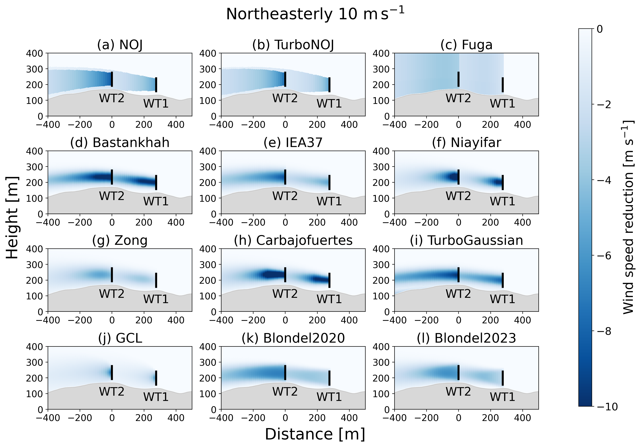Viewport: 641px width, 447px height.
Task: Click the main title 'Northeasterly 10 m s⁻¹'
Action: click(315, 14)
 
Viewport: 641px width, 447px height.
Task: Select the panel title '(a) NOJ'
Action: click(120, 45)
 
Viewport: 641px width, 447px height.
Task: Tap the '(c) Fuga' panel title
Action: click(466, 45)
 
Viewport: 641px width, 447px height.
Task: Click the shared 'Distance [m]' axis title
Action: click(315, 434)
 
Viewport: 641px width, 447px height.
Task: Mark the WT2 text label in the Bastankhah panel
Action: click(112, 196)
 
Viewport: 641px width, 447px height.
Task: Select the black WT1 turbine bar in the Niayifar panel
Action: click(503, 182)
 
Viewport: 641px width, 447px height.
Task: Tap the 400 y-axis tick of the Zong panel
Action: click(35, 249)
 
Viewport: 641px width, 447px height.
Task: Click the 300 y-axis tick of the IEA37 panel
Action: click(208, 167)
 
